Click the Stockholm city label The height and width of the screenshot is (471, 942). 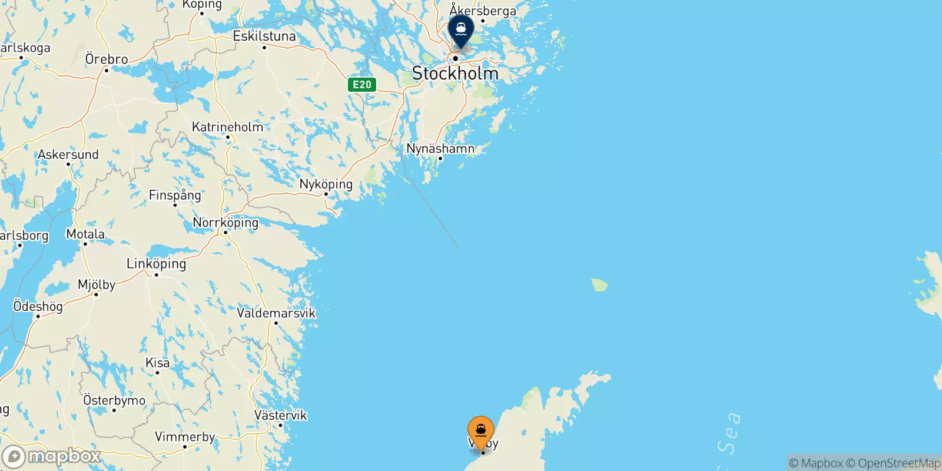455,74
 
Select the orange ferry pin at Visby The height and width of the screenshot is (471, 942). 481,432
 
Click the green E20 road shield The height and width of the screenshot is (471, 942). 361,84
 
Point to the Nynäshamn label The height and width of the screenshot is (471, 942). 440,148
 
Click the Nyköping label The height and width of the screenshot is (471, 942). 326,184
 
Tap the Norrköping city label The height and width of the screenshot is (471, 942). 225,223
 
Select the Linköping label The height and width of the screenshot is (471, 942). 156,264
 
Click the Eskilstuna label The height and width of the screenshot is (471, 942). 264,37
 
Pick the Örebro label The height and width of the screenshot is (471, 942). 107,59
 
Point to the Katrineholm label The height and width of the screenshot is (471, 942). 227,127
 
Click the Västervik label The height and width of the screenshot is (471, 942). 280,416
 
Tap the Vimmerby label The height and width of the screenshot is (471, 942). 184,437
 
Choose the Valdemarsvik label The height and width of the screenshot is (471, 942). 276,313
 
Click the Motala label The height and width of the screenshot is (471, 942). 85,234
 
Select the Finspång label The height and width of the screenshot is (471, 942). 175,195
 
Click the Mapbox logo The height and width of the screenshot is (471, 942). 52,456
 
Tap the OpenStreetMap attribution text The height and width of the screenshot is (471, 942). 893,463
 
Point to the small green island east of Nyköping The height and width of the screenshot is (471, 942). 599,286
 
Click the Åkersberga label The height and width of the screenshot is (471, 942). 482,11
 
